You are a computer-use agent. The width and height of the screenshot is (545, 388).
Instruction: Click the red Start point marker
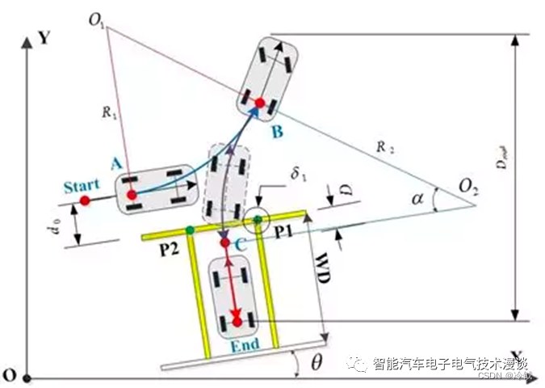click(85, 200)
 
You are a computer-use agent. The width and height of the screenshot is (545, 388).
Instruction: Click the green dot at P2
click(189, 230)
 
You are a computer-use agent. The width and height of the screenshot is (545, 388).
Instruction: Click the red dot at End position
click(237, 322)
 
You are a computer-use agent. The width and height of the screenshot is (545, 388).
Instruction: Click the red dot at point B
click(260, 103)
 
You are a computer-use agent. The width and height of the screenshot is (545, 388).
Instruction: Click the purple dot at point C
click(225, 242)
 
